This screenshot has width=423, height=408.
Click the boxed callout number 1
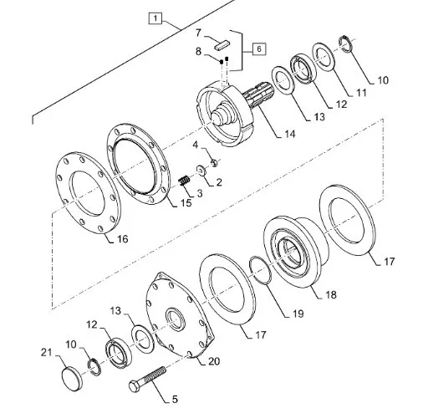click(155, 18)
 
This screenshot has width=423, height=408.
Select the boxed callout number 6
click(259, 49)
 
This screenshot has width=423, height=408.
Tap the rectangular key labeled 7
click(222, 44)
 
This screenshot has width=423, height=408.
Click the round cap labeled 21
click(72, 379)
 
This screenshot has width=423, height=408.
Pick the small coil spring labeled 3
click(184, 181)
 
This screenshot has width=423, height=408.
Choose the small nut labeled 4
click(214, 162)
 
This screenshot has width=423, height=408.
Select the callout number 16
click(122, 239)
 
